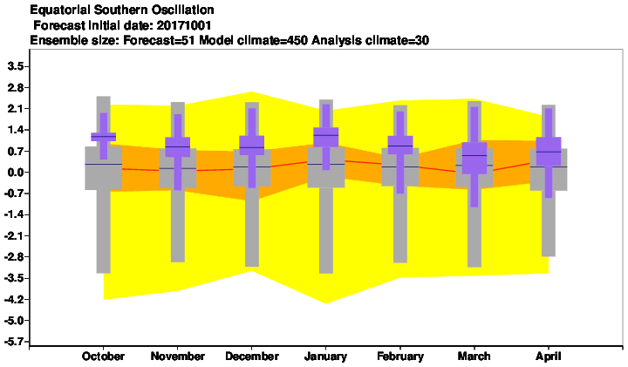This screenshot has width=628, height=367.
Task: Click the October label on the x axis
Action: tap(103, 357)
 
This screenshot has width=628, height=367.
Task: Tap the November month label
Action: tap(177, 357)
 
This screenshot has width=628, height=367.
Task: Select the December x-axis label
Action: tap(252, 357)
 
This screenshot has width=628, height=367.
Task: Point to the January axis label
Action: tap(325, 357)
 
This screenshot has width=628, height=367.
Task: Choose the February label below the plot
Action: tap(400, 357)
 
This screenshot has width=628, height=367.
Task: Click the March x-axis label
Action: tap(474, 357)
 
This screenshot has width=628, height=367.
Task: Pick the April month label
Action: tap(549, 357)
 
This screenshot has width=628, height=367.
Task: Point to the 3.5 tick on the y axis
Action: tap(16, 66)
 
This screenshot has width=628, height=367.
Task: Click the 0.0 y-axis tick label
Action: tap(16, 172)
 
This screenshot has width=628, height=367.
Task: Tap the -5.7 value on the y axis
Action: tap(14, 342)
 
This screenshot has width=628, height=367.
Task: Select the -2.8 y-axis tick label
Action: tap(14, 256)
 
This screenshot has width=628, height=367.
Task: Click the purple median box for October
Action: tap(103, 137)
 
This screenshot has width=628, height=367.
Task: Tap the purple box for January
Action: tap(325, 137)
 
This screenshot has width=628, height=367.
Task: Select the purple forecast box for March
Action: tap(474, 158)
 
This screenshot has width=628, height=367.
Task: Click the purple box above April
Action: tap(549, 151)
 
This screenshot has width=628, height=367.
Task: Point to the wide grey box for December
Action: tap(252, 168)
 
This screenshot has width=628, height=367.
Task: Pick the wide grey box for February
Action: tap(400, 167)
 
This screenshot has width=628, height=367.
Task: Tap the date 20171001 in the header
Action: tap(184, 25)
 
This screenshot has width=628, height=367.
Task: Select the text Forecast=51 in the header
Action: tap(160, 40)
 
